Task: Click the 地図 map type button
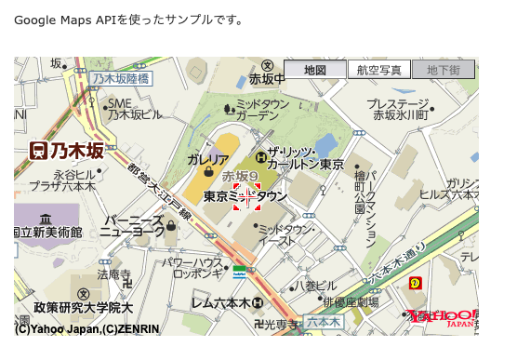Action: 314,70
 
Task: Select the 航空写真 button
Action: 378,70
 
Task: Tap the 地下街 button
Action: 444,70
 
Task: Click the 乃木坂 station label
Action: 65,149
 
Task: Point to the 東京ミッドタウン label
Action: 245,196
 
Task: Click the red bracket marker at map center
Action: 245,197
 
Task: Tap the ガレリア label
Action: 207,159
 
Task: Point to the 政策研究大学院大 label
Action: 84,307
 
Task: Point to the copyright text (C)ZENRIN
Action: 122,328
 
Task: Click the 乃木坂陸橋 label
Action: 122,79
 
